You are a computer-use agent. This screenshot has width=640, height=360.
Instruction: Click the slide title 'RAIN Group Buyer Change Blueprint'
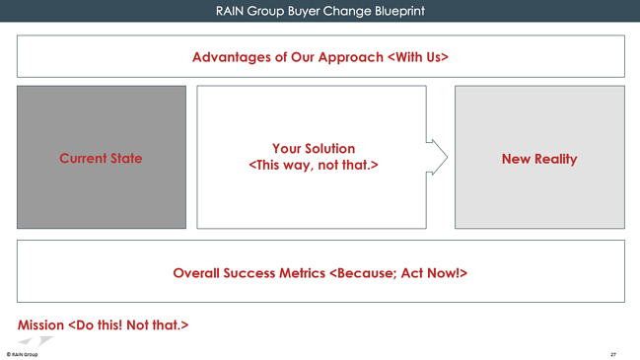(x=320, y=11)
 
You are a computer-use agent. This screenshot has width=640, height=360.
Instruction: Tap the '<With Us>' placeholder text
(x=418, y=56)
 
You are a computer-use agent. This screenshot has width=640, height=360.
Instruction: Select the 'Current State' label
(x=101, y=158)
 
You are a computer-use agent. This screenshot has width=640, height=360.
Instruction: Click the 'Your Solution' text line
(x=314, y=148)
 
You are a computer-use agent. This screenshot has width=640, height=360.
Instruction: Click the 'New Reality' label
(x=538, y=158)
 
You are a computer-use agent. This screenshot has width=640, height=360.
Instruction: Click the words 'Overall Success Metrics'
(x=249, y=271)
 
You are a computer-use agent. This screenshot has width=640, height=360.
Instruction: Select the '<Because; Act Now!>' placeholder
(x=397, y=271)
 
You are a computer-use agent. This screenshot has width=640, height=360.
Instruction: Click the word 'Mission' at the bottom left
(x=40, y=324)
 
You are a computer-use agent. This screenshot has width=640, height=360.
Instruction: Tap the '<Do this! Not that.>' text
(x=127, y=324)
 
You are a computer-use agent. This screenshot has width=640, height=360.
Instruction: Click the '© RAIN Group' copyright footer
(x=22, y=352)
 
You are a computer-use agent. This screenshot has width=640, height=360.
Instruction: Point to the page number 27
(x=613, y=352)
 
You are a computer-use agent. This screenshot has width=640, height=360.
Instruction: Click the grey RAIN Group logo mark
(x=37, y=340)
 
